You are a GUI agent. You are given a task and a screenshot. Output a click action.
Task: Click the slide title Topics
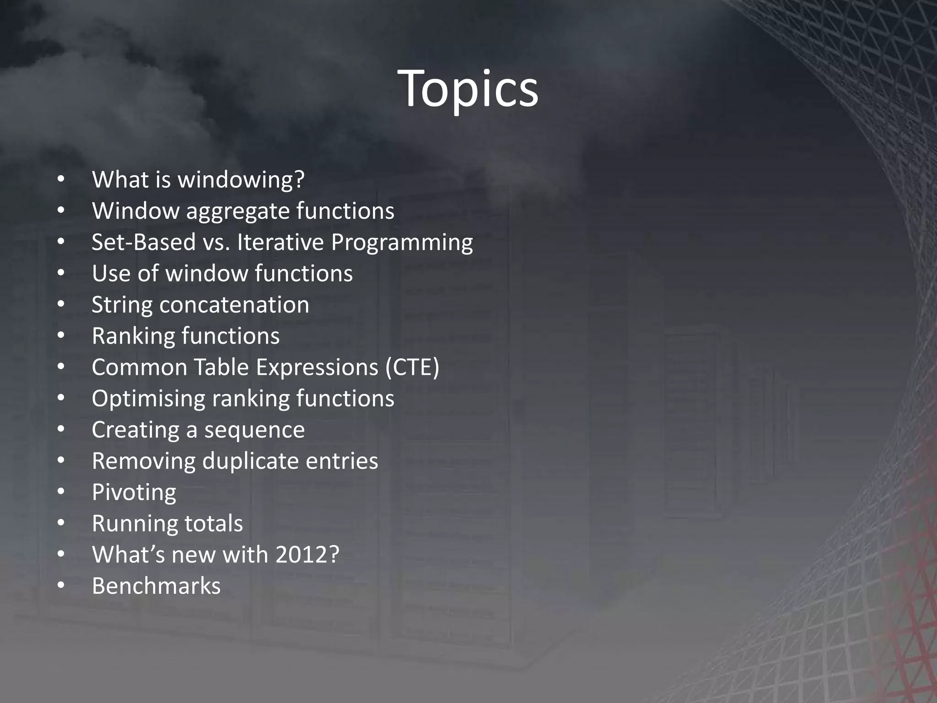click(x=468, y=89)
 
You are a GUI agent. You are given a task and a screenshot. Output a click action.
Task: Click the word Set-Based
click(x=144, y=242)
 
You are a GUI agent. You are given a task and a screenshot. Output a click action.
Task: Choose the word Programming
click(x=402, y=243)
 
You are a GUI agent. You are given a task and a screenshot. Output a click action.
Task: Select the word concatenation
click(x=234, y=305)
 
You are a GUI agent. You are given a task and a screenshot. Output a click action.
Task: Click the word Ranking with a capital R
click(x=133, y=336)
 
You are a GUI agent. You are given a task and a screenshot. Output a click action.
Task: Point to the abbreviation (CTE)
click(x=412, y=368)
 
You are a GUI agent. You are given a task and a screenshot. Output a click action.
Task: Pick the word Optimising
click(x=148, y=399)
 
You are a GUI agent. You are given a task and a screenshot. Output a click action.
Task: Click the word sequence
click(x=254, y=430)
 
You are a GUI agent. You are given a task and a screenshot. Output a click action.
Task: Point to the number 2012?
click(x=307, y=555)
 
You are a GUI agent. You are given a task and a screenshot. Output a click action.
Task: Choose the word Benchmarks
click(x=156, y=586)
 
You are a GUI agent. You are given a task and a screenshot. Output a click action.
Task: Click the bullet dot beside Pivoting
click(x=61, y=492)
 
